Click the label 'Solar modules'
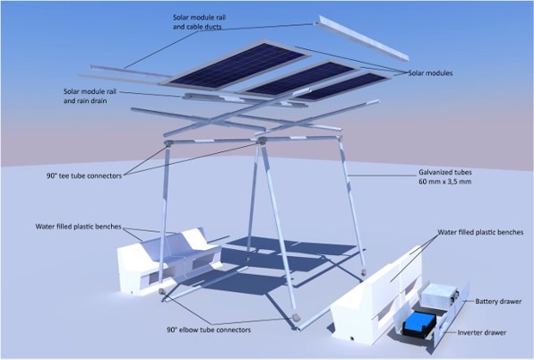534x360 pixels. pyautogui.click(x=430, y=73)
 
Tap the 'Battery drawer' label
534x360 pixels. pyautogui.click(x=498, y=302)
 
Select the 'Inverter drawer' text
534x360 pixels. pyautogui.click(x=482, y=332)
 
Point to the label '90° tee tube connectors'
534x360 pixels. pyautogui.click(x=84, y=176)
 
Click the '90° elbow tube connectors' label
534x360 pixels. pyautogui.click(x=209, y=330)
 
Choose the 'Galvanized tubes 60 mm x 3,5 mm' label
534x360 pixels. pyautogui.click(x=445, y=177)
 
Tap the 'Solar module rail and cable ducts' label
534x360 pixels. pyautogui.click(x=200, y=21)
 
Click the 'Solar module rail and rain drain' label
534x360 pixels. pyautogui.click(x=90, y=97)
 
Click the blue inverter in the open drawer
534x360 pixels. pyautogui.click(x=419, y=321)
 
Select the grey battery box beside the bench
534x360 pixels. pyautogui.click(x=439, y=296)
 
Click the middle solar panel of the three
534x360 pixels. pyautogui.click(x=298, y=78)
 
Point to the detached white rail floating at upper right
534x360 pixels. pyautogui.click(x=362, y=39)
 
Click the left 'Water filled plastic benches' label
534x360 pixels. pyautogui.click(x=78, y=227)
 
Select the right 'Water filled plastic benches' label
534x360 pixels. pyautogui.click(x=480, y=233)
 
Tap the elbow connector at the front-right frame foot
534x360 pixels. pyautogui.click(x=296, y=317)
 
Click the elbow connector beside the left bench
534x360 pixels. pyautogui.click(x=162, y=291)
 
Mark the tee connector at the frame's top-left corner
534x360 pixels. pyautogui.click(x=168, y=142)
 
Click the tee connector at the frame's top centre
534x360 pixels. pyautogui.click(x=262, y=141)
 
